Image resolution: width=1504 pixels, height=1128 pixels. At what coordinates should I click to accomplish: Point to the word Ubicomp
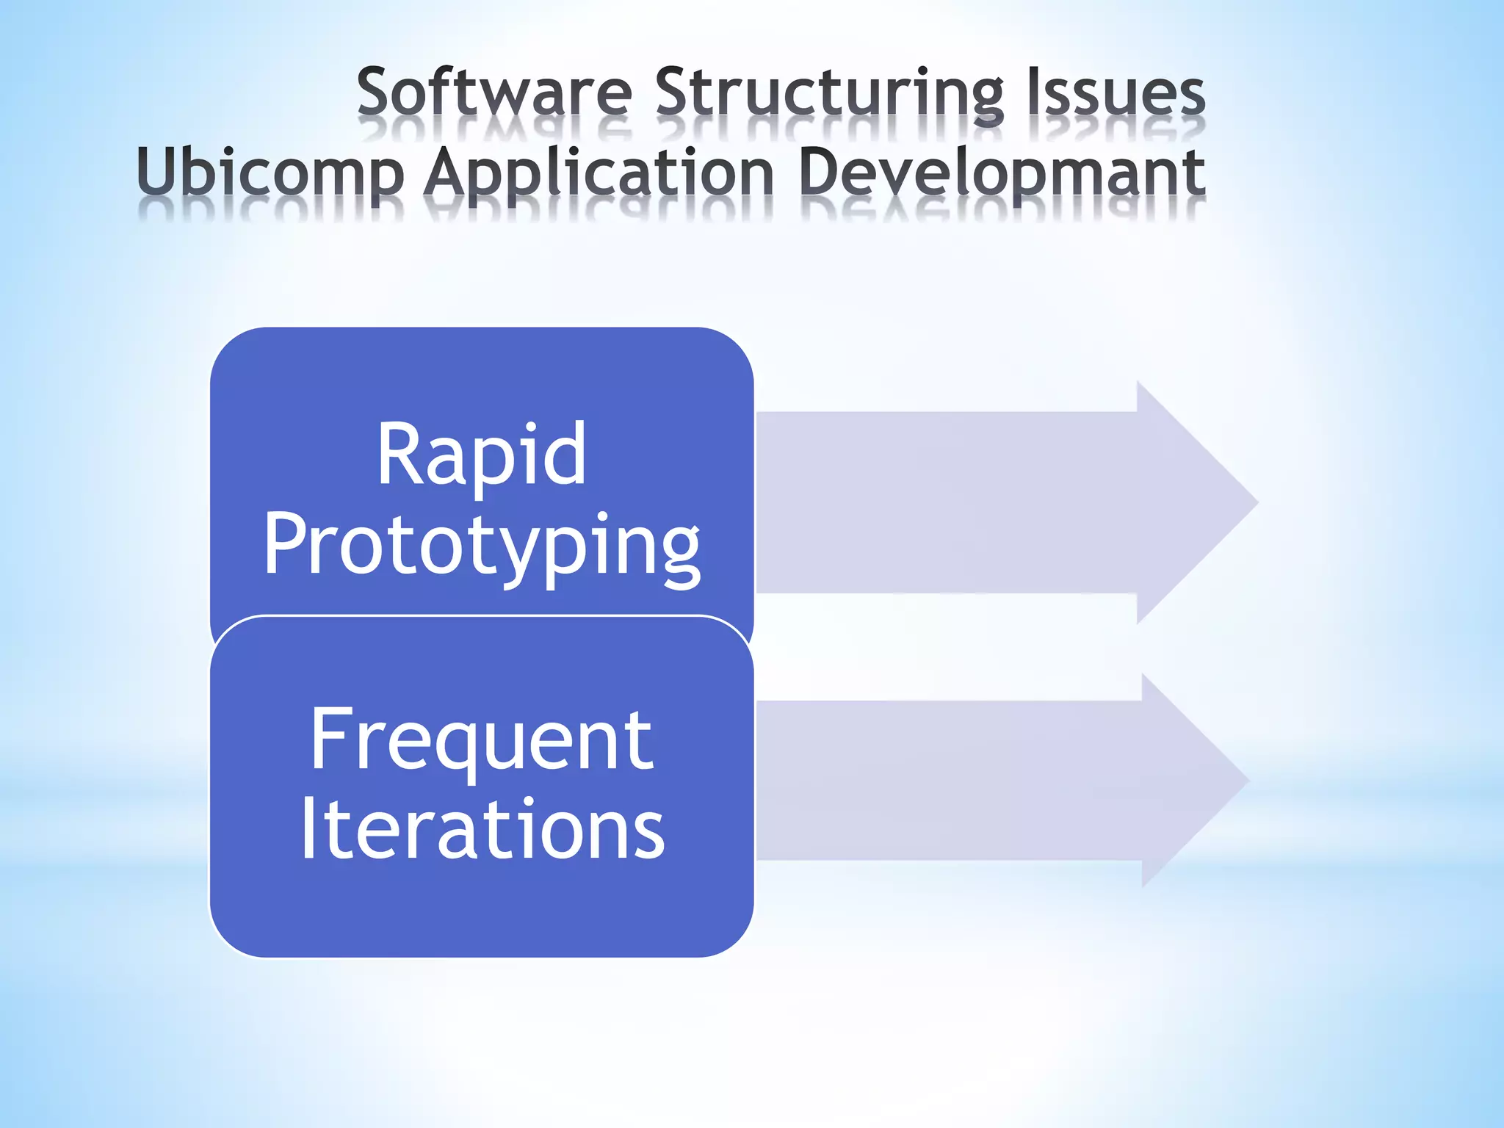pyautogui.click(x=270, y=173)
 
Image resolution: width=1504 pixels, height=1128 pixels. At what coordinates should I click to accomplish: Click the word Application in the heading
pyautogui.click(x=599, y=173)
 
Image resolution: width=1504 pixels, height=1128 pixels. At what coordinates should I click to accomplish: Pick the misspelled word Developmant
pyautogui.click(x=1001, y=172)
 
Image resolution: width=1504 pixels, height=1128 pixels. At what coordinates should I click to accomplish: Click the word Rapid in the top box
pyautogui.click(x=481, y=455)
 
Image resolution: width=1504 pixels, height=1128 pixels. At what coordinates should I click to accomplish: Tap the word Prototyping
pyautogui.click(x=482, y=545)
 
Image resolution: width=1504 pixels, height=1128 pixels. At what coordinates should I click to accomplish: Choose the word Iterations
pyautogui.click(x=482, y=830)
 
